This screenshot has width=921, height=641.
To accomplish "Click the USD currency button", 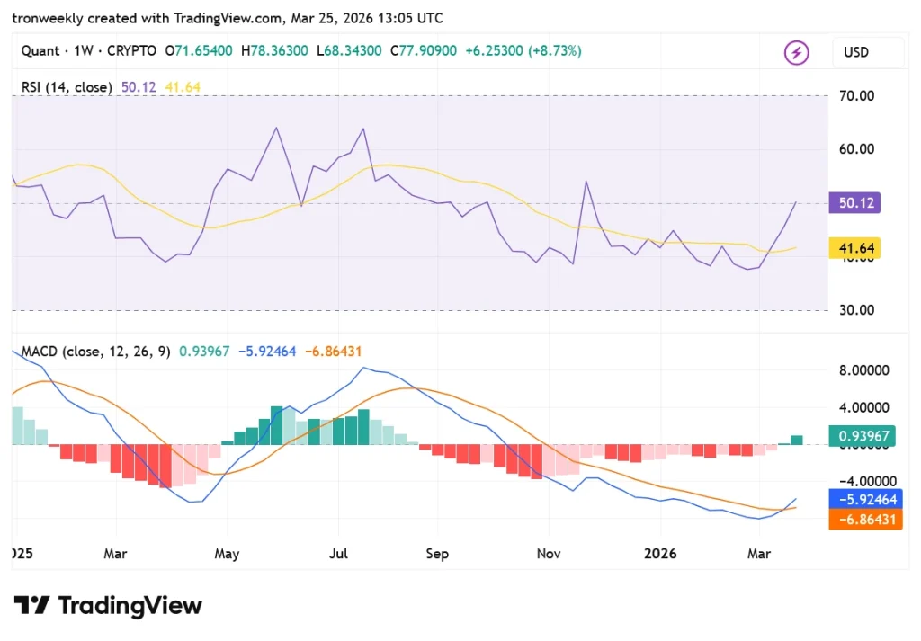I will [855, 52].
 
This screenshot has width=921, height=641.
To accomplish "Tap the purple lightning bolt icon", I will [797, 52].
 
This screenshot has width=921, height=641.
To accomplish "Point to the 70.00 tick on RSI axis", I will [857, 95].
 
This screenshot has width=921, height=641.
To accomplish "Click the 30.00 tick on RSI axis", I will [857, 310].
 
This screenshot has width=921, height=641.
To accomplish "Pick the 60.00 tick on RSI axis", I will [857, 149].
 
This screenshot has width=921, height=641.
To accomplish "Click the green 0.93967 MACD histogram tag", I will [864, 436].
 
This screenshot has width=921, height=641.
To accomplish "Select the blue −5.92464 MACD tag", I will [864, 499].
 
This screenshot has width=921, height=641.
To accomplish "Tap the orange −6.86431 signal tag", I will [864, 520].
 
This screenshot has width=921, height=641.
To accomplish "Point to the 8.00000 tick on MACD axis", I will [864, 369].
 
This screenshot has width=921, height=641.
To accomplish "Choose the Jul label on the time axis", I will [338, 554].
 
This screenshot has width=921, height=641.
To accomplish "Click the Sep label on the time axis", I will [437, 554].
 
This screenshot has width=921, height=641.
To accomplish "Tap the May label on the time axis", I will [227, 554].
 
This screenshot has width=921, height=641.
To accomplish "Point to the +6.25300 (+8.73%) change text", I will [523, 51].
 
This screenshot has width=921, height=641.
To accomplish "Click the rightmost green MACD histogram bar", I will [797, 440].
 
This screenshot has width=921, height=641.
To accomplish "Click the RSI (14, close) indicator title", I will [67, 87].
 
